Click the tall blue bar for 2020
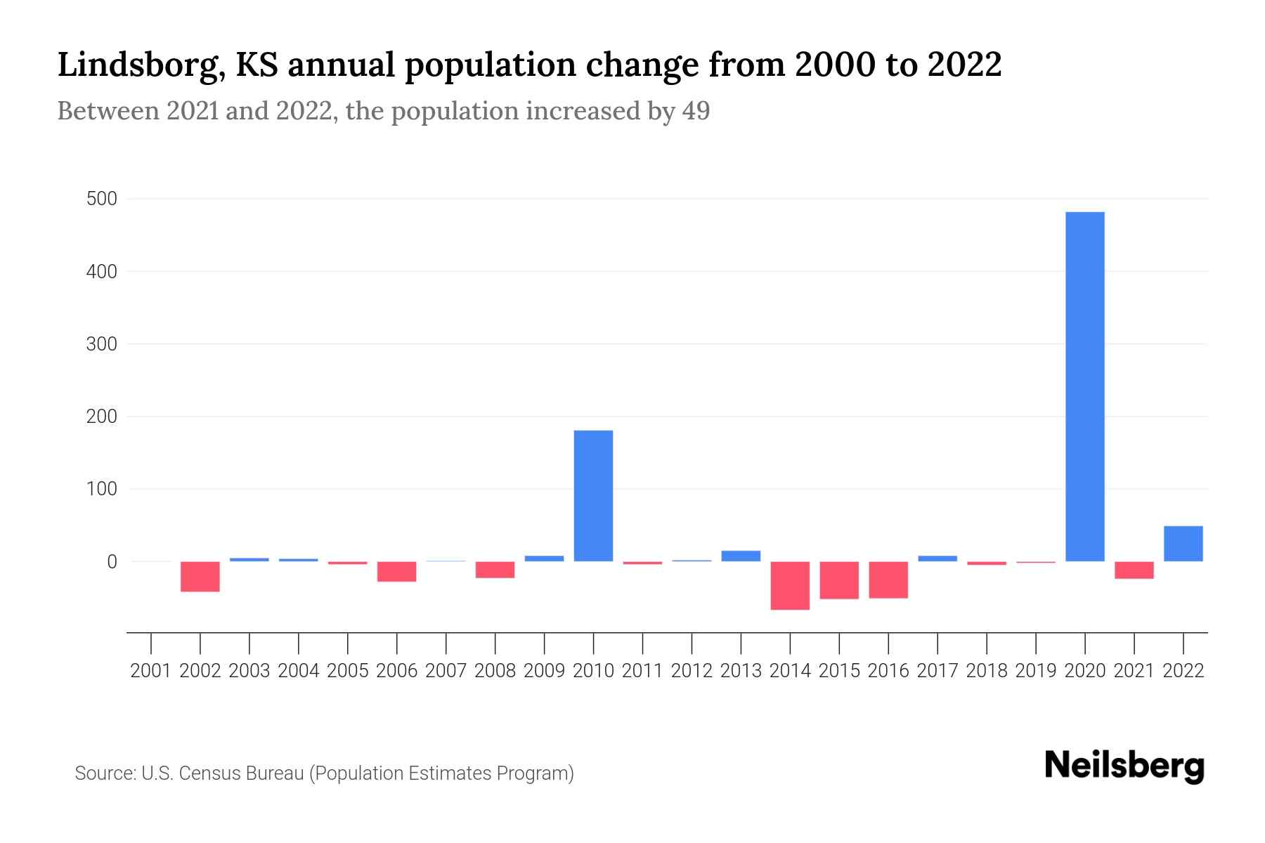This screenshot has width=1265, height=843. coord(1084,386)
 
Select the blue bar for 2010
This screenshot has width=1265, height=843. coord(593,495)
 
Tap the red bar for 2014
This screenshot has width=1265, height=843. coord(790,585)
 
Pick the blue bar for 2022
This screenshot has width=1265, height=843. coord(1183,544)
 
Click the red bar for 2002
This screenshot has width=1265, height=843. coord(200,576)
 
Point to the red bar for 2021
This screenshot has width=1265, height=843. coord(1134,570)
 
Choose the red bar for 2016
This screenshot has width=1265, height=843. coord(888,580)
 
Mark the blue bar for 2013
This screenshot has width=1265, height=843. coord(741,556)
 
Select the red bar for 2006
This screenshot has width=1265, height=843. coord(396,571)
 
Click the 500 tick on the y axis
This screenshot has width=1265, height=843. coord(101,199)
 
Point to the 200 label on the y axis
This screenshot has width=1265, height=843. coord(101,417)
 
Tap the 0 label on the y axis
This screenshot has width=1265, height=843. coord(112,562)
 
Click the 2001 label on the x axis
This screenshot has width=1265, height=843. coord(151,671)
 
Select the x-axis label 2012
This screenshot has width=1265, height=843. coord(692,671)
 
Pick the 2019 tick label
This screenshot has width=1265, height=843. coord(1035,671)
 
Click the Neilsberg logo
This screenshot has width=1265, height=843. coord(1124,766)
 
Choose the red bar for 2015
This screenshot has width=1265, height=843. coord(839,580)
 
